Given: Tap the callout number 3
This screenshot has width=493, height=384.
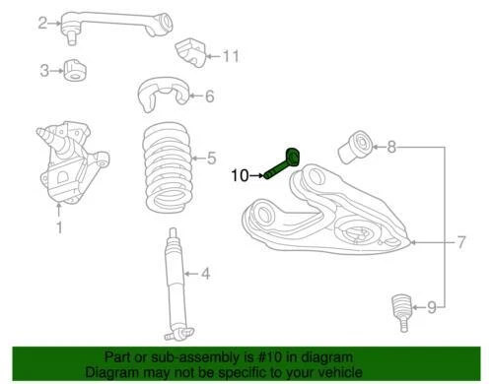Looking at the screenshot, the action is click(44, 70).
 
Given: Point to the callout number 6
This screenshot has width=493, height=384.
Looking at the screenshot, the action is click(208, 96).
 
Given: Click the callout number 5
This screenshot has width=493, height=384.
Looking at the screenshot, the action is click(209, 156).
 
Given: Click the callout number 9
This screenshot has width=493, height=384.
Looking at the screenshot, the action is click(430, 308).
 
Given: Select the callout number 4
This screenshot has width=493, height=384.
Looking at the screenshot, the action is click(206, 274).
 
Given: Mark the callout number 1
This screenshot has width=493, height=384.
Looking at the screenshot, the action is click(58, 228).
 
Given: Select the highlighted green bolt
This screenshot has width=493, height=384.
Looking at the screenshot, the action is click(289, 161).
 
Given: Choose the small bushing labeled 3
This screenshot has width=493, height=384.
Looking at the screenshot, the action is click(74, 70).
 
